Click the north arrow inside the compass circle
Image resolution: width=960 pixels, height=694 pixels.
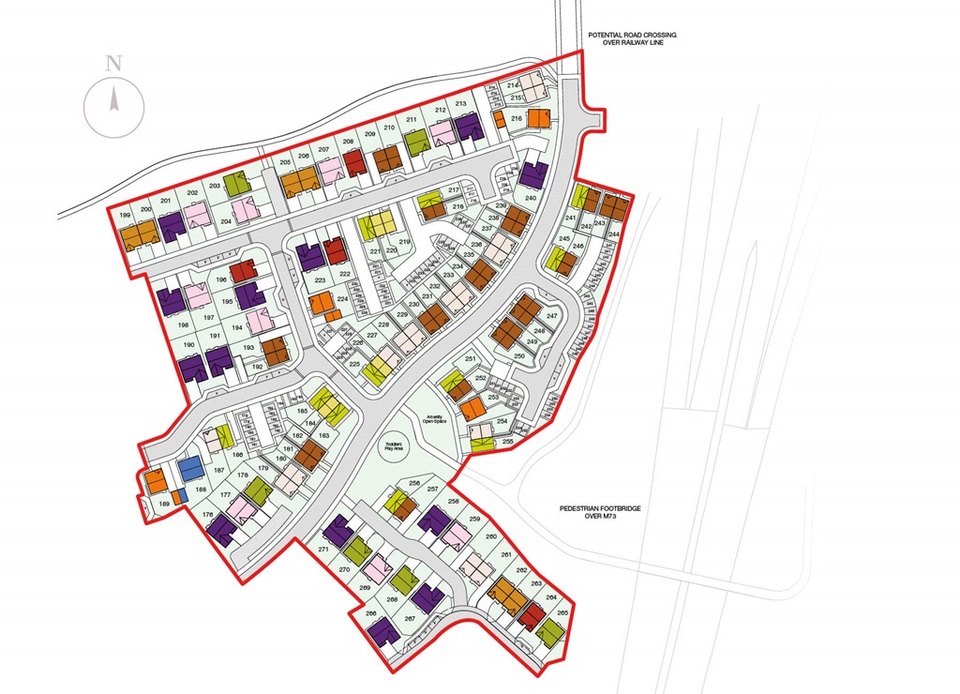(113, 98)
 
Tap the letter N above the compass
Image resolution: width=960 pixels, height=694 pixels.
(114, 64)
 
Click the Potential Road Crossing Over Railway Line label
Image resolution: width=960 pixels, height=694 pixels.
(632, 39)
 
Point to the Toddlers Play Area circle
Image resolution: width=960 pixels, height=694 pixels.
(397, 447)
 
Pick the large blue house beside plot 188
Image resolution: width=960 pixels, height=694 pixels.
(190, 467)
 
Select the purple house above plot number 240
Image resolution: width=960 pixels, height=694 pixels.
(533, 174)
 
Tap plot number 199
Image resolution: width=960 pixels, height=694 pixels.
(125, 216)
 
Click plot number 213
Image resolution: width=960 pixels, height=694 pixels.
(460, 103)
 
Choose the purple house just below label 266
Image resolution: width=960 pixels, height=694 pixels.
(384, 633)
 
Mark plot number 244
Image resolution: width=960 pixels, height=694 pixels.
(614, 234)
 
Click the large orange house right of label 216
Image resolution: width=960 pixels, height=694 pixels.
(538, 118)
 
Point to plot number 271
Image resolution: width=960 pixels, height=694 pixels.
(323, 548)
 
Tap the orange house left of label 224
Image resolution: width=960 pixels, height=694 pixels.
(321, 303)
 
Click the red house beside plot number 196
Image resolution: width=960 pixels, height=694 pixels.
(243, 272)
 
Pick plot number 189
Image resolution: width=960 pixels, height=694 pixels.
(165, 505)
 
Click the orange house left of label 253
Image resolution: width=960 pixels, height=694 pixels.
(472, 409)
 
